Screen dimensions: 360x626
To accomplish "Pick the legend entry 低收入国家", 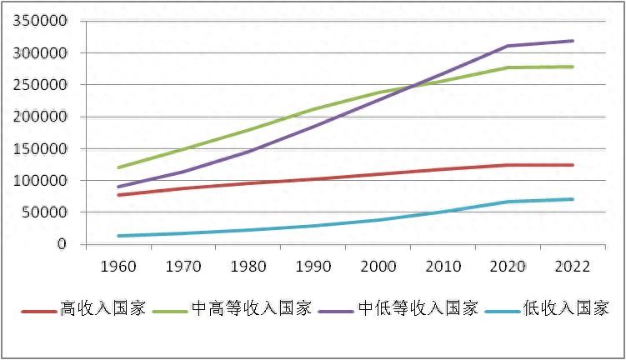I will pos(567,309).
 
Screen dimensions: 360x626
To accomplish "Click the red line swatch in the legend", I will pos(38,310).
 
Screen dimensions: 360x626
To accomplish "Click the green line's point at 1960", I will pos(119,167).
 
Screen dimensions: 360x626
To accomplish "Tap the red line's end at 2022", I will pos(573,165).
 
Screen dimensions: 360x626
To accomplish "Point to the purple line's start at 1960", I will pos(119,187).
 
